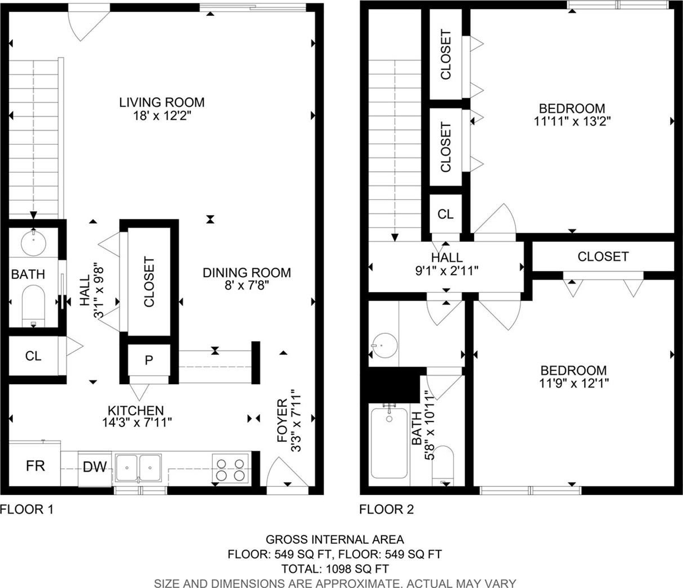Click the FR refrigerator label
36,466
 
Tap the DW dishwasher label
95,467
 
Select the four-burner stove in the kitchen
230,469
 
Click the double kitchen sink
138,468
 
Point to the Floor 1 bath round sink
33,243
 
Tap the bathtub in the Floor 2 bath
389,443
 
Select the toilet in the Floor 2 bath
443,465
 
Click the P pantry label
148,360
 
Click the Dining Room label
247,273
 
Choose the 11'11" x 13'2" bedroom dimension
572,121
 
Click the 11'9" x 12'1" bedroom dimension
574,384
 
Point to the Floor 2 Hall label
446,258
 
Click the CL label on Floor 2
445,215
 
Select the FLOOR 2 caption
387,509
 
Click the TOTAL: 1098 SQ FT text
335,569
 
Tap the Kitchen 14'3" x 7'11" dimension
137,423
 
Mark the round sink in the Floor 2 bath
384,346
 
